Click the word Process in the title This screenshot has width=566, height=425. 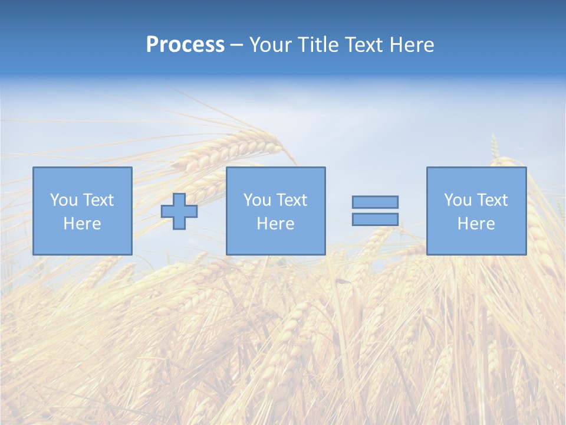point(185,45)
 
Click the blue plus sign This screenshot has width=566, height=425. point(179,211)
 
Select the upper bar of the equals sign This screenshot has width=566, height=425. point(375,202)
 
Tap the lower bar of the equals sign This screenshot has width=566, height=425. point(375,220)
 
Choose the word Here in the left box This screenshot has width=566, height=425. point(82,224)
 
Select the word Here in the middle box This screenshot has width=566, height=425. point(275,224)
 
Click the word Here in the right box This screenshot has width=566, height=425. point(476,224)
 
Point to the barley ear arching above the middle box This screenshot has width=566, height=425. point(236,148)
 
